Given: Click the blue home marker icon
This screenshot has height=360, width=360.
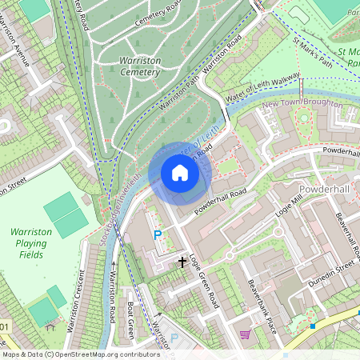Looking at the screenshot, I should click(180, 173).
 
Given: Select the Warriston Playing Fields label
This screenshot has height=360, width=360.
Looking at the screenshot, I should click(31, 242).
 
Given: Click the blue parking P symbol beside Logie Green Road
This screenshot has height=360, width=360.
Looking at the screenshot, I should click(158, 235).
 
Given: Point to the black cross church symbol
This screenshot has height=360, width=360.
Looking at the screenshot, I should click(182, 262).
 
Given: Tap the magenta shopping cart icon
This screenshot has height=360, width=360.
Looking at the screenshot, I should click(245, 334).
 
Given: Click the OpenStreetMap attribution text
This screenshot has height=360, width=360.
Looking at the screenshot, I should click(70, 354).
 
